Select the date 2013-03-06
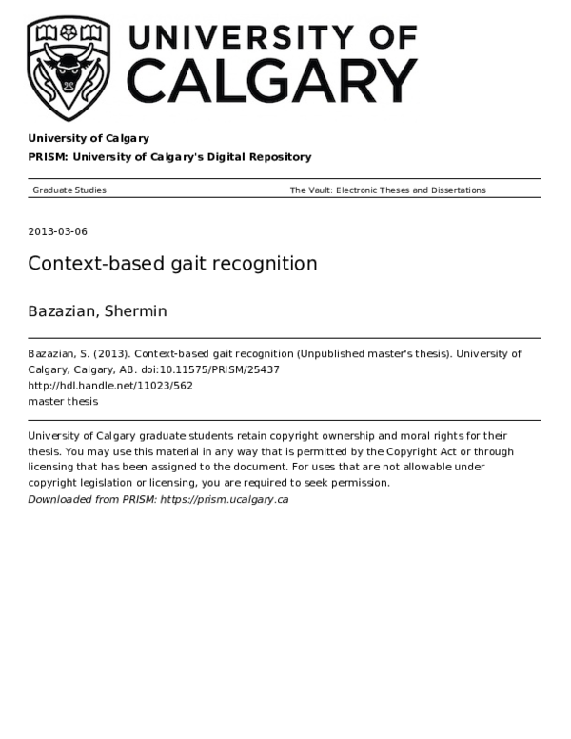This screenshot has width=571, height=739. (x=58, y=231)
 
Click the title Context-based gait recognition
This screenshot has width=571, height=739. (x=172, y=264)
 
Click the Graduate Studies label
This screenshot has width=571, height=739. (x=69, y=190)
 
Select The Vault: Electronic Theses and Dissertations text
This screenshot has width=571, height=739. (x=387, y=190)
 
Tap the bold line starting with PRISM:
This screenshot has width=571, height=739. (x=169, y=157)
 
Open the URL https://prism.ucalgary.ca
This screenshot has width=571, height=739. (x=225, y=499)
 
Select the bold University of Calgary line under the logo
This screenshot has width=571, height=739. (x=89, y=139)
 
